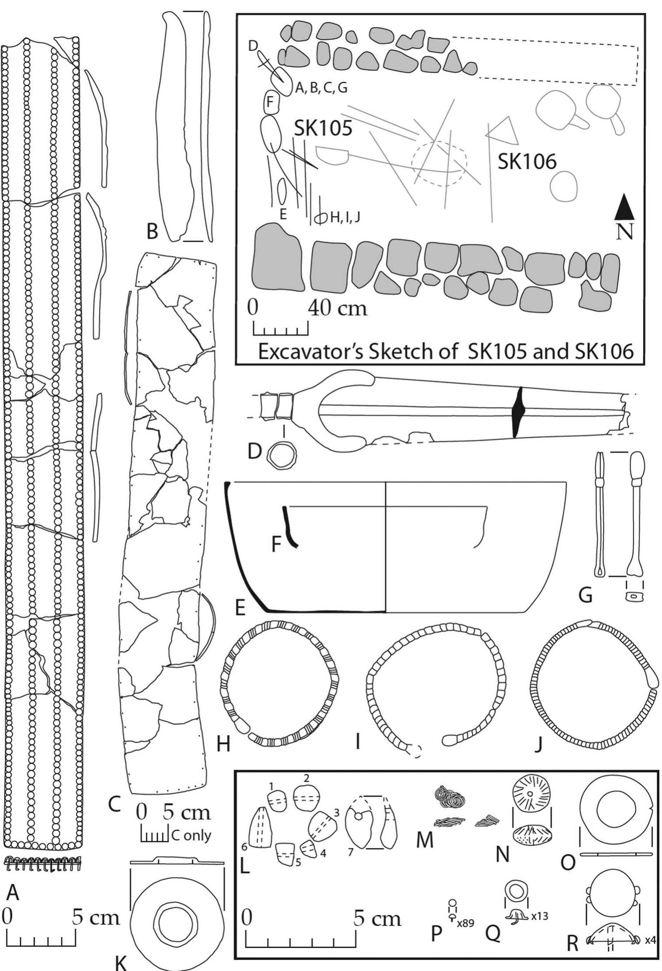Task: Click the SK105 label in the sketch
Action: (x=323, y=128)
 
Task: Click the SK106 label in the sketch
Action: (x=527, y=162)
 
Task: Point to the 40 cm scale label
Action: (x=337, y=308)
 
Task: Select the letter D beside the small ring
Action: (x=255, y=451)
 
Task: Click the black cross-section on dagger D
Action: (x=519, y=412)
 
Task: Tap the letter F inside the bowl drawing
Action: (x=276, y=545)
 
